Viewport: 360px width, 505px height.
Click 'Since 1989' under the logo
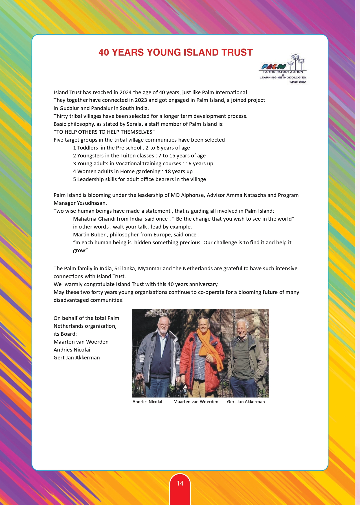click(x=298, y=82)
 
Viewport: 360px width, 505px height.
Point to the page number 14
click(x=180, y=483)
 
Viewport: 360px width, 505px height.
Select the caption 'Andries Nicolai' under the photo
click(x=147, y=402)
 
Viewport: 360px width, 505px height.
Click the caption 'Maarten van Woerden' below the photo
click(x=196, y=402)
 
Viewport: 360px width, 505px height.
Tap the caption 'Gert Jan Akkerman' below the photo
click(x=246, y=402)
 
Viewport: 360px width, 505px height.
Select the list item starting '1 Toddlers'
click(x=131, y=148)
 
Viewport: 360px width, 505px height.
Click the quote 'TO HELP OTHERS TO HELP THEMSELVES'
click(x=104, y=132)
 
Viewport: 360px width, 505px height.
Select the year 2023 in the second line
click(x=141, y=100)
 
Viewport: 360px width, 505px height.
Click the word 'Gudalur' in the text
click(x=69, y=108)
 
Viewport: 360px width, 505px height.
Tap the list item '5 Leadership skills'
click(x=139, y=179)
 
